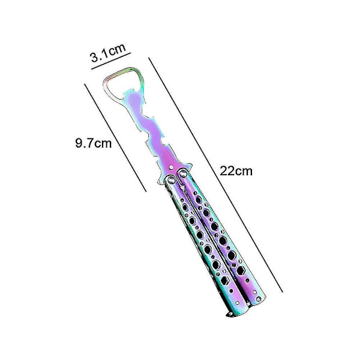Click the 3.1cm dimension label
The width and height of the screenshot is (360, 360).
click(108, 53)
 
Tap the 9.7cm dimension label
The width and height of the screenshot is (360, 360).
click(94, 143)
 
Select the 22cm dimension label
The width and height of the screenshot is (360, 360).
click(236, 171)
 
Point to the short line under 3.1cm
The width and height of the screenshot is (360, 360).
click(111, 61)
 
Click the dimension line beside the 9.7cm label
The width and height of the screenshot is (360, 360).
click(115, 137)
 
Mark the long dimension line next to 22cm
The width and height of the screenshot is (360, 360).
click(215, 175)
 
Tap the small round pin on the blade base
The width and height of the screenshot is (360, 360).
click(171, 167)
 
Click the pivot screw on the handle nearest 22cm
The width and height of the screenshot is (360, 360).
click(183, 173)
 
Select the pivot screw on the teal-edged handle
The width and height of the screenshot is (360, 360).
click(171, 181)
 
